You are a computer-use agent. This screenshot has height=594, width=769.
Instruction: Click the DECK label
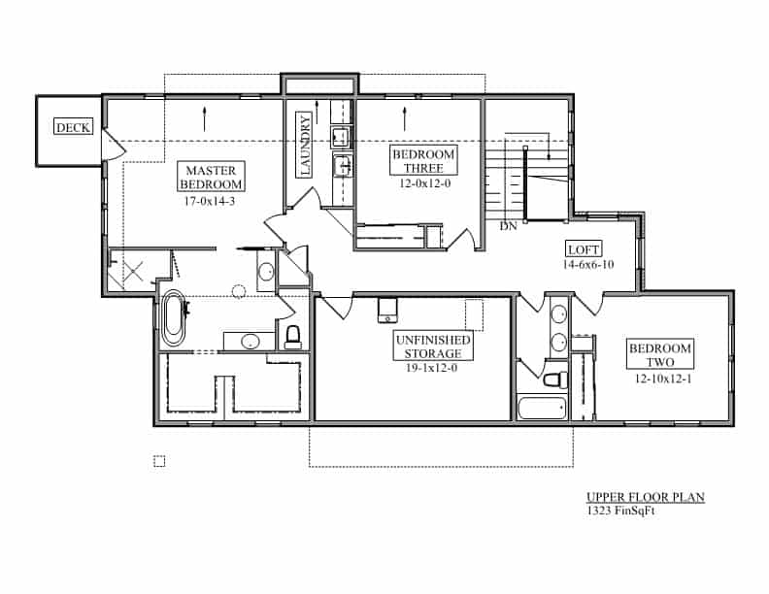[73, 127]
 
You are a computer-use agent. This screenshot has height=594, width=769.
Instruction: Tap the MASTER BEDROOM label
[211, 177]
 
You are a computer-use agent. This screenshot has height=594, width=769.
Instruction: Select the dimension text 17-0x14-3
[210, 201]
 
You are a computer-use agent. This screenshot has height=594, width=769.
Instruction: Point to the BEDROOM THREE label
[423, 161]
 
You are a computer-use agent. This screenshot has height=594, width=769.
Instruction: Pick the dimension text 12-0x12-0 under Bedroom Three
[425, 183]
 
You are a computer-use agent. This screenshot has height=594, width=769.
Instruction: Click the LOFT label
[584, 249]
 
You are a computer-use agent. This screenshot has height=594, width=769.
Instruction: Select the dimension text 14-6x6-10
[588, 265]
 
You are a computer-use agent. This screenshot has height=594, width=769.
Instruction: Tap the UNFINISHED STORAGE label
[433, 346]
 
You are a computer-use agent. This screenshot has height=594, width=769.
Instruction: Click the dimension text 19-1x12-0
[431, 368]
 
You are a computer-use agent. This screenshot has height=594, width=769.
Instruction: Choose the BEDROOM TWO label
[660, 355]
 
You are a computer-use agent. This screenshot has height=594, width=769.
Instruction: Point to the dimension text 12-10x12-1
[663, 379]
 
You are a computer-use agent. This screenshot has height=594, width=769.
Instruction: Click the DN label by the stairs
[508, 226]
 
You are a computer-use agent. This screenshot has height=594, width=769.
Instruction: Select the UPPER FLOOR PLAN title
[646, 497]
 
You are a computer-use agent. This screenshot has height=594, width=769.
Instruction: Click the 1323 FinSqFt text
[620, 511]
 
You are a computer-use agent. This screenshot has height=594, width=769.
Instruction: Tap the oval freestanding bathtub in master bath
[174, 318]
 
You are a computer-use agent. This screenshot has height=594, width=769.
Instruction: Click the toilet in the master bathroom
[293, 337]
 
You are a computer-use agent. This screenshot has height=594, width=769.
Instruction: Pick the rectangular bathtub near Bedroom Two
[542, 408]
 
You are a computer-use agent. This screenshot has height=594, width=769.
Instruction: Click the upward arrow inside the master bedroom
[204, 119]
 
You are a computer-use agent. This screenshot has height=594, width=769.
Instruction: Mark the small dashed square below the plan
[159, 461]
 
